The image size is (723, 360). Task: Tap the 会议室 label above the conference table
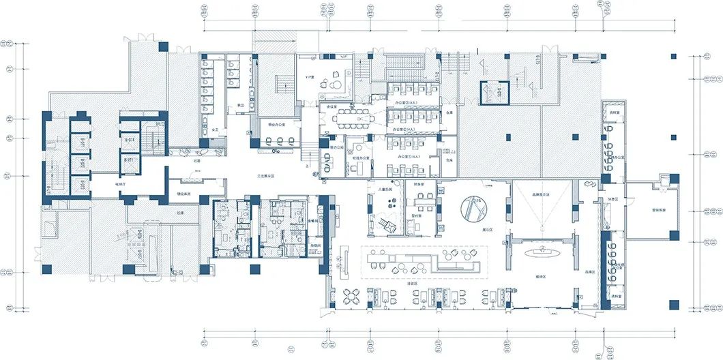(332, 106)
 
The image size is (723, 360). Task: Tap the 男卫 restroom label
(240, 104)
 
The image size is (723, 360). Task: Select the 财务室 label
(419, 183)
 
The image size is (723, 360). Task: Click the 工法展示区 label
(265, 175)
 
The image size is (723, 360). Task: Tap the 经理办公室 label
(361, 157)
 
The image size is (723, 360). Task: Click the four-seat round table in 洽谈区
(353, 297)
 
